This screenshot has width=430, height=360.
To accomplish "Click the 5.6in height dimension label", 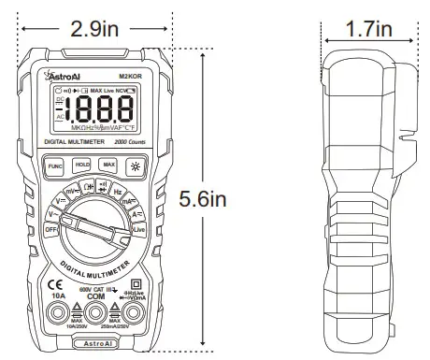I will [205, 198].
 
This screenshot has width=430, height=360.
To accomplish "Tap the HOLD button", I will [81, 164].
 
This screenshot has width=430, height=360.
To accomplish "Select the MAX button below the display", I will [109, 164].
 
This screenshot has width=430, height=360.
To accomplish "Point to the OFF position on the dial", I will [51, 229].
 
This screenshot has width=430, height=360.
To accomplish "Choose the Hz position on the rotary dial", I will [119, 191].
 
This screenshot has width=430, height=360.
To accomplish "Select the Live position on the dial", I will [138, 229].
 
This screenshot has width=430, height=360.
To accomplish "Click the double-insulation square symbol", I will [136, 282].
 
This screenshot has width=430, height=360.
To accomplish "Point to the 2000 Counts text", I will [125, 140].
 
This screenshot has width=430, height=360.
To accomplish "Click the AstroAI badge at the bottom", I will [94, 344].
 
